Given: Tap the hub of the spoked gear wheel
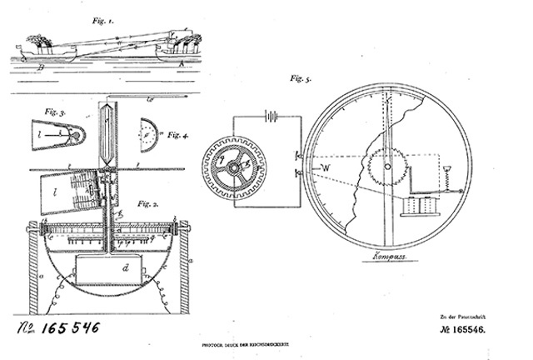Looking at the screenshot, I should pyautogui.click(x=235, y=167).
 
